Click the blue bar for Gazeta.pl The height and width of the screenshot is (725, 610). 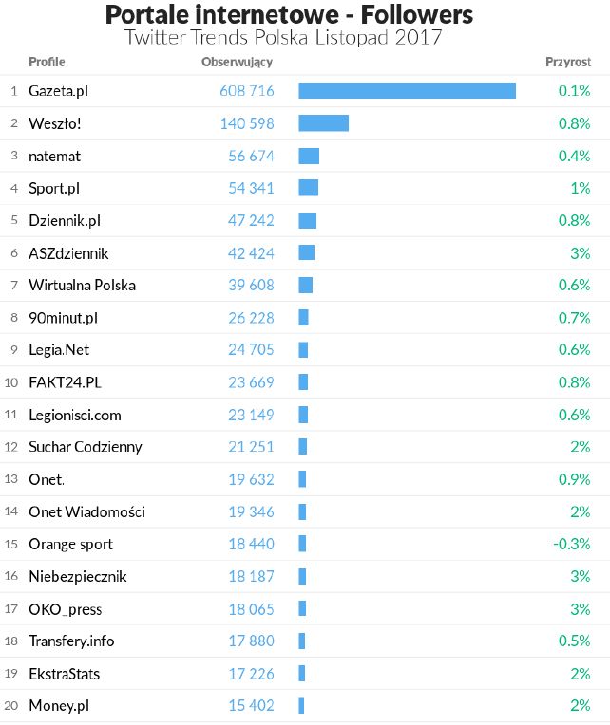(x=407, y=91)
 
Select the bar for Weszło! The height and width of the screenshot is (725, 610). (x=323, y=123)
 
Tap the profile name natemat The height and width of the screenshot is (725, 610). (x=56, y=156)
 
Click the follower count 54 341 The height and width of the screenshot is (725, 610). (x=251, y=188)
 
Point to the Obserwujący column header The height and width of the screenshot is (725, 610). (x=237, y=63)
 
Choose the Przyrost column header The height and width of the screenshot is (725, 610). (x=568, y=63)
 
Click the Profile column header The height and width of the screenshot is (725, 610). (x=47, y=63)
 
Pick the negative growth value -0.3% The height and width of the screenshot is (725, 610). (x=572, y=544)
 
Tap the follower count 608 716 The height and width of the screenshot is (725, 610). (x=246, y=91)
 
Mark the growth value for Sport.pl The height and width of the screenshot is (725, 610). (x=581, y=188)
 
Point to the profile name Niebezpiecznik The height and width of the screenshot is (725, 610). (x=77, y=576)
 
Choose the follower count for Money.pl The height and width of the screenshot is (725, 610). (x=251, y=706)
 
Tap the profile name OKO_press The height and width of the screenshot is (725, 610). (x=65, y=608)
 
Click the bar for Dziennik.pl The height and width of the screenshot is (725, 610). (x=307, y=220)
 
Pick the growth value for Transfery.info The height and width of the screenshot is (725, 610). (x=573, y=641)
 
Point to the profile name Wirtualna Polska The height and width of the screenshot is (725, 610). (x=82, y=285)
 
